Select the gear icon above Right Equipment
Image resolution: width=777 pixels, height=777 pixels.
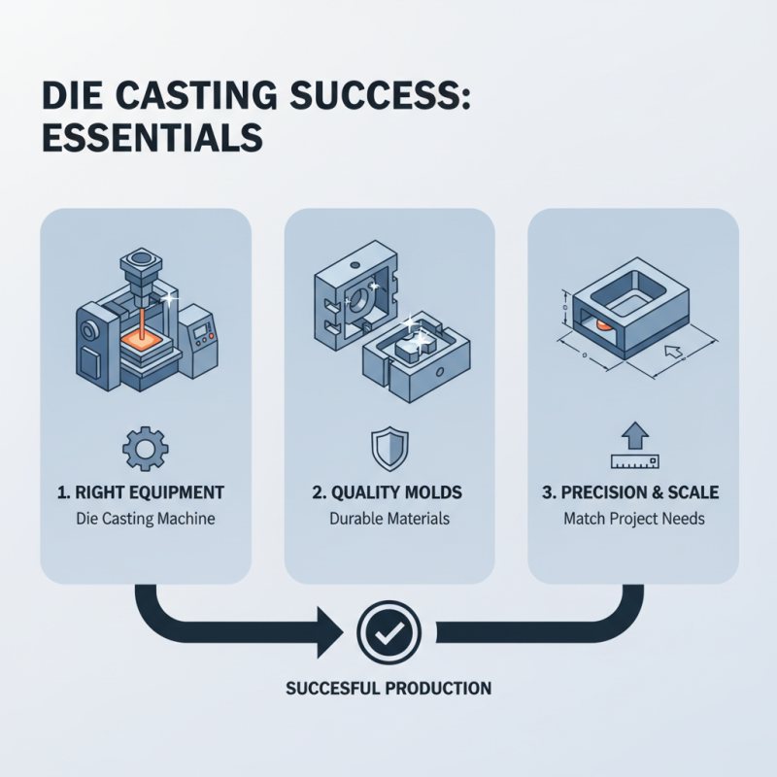click(x=145, y=448)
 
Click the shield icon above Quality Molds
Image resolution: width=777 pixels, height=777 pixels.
click(x=388, y=448)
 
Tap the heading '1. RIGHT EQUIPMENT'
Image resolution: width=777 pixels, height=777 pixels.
click(x=145, y=492)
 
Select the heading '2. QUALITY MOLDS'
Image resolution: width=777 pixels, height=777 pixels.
click(x=388, y=492)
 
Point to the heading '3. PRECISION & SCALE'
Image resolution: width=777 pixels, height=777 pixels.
click(x=633, y=492)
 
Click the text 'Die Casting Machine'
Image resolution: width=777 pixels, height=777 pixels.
click(x=145, y=519)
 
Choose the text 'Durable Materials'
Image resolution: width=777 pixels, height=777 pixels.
click(x=388, y=519)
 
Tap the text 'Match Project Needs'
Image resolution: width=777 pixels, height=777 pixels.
click(x=633, y=519)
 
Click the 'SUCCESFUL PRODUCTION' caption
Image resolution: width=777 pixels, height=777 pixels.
click(x=388, y=689)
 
